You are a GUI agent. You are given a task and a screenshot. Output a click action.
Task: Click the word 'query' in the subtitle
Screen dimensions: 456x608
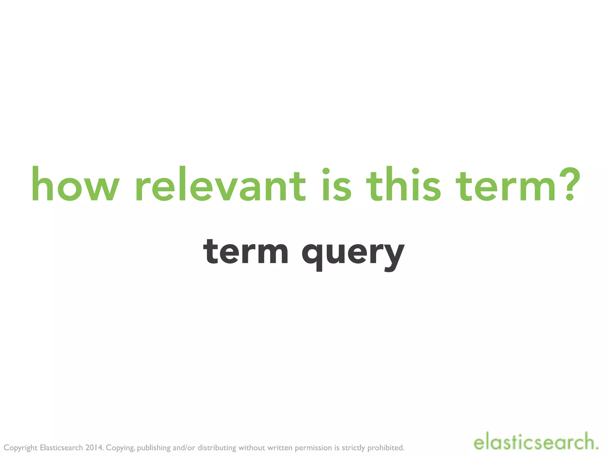click(353, 254)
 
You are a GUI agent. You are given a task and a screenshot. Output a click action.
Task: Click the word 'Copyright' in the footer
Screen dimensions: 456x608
click(20, 448)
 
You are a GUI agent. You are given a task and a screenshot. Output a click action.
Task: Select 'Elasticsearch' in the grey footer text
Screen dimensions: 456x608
click(61, 447)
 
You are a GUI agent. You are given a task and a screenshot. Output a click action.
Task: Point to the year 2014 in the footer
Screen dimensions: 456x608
click(94, 447)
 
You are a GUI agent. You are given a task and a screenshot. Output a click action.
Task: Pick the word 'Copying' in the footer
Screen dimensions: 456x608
click(121, 448)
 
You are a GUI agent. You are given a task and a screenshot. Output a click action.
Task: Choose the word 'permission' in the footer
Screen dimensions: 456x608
click(313, 448)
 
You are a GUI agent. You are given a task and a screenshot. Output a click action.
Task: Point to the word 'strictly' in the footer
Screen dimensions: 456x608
click(353, 448)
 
